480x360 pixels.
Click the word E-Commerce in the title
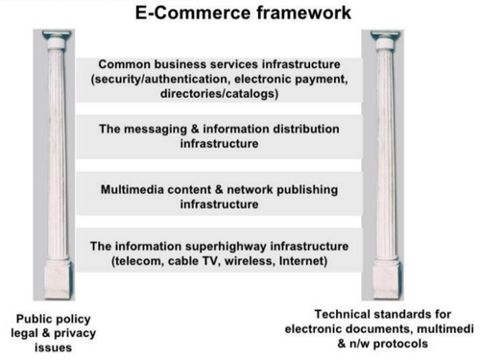click(193, 12)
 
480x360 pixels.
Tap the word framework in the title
click(304, 12)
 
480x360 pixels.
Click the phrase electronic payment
click(291, 79)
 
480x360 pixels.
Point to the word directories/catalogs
click(219, 94)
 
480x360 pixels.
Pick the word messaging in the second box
click(156, 130)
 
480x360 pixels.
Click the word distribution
click(305, 129)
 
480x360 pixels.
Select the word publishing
click(307, 190)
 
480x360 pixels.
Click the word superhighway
click(226, 247)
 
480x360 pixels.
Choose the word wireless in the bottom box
click(249, 261)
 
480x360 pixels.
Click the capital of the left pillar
click(57, 39)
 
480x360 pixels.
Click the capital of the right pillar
click(385, 39)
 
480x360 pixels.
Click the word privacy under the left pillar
click(75, 334)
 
